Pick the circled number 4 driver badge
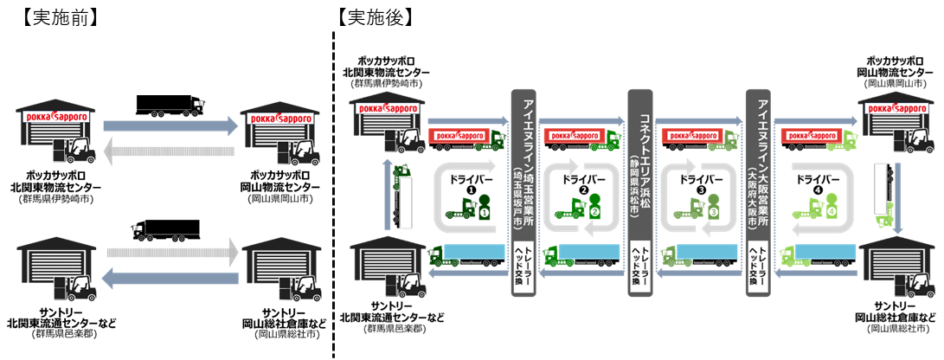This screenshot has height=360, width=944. (x=831, y=209)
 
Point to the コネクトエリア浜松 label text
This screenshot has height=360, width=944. (x=640, y=160)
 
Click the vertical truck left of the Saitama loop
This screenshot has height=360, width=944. (x=401, y=195)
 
